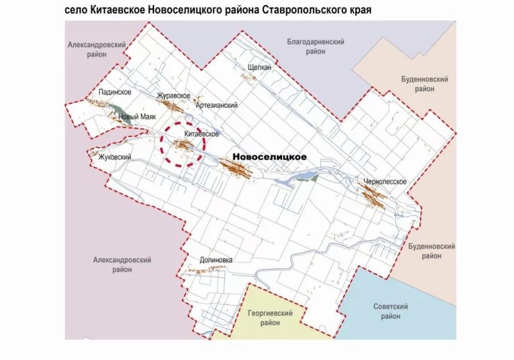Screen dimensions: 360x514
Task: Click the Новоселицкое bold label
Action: (x=269, y=156)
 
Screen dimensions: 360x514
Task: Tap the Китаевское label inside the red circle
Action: (x=202, y=134)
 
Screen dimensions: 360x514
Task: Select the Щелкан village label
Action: (x=260, y=67)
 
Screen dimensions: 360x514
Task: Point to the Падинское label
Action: (x=115, y=92)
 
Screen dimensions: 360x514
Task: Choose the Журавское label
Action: (x=173, y=96)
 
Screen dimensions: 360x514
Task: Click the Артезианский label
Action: (x=217, y=105)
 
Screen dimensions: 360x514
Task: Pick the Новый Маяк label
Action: (x=138, y=117)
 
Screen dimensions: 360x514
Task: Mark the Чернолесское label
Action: (x=384, y=181)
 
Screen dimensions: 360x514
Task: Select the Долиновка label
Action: (x=216, y=260)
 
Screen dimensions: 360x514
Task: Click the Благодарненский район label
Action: (x=315, y=46)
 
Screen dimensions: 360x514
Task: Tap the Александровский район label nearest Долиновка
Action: (x=122, y=264)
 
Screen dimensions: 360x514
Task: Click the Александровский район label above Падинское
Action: (x=96, y=50)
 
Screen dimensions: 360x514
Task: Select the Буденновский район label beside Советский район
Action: (x=432, y=251)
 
